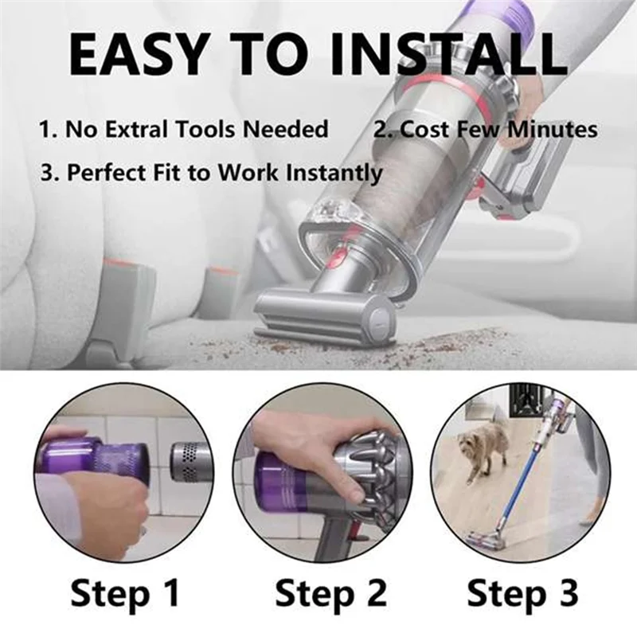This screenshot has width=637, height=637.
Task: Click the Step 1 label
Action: pyautogui.click(x=125, y=593)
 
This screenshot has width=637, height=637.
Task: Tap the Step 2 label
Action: pyautogui.click(x=330, y=593)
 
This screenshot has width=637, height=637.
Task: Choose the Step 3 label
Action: pyautogui.click(x=522, y=593)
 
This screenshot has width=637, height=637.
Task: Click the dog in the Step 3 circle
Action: pyautogui.click(x=483, y=448)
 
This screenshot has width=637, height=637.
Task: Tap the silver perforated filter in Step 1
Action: pyautogui.click(x=190, y=462)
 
